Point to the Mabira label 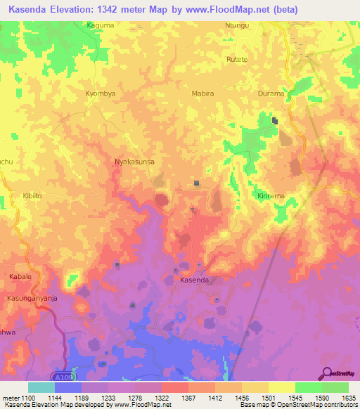pos(202,93)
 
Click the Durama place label pos(271,93)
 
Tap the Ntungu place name pos(237,26)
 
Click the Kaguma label pos(100,26)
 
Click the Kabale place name pos(20,277)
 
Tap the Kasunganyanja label pos(32,297)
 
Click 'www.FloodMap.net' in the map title pos(229,10)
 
